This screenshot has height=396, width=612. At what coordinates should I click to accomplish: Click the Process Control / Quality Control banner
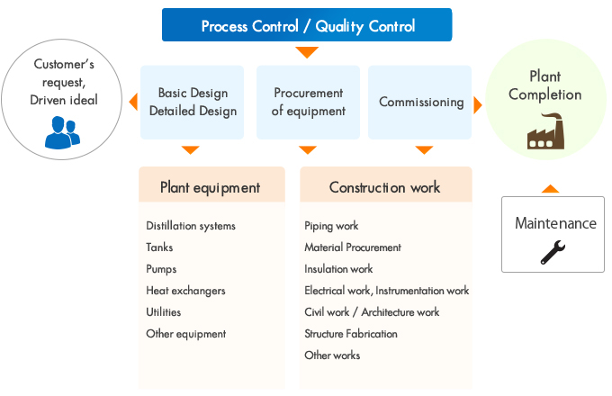[x=307, y=25]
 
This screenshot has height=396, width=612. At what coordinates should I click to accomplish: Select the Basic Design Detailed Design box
[x=192, y=102]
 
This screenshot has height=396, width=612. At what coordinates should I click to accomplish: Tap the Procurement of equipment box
[x=308, y=102]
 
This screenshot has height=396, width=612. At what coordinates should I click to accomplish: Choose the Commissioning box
[x=421, y=102]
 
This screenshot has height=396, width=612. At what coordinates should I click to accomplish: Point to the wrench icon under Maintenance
[x=553, y=251]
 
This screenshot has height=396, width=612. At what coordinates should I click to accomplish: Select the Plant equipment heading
[x=210, y=187]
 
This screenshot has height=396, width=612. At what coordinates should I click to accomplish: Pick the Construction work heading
[x=384, y=187]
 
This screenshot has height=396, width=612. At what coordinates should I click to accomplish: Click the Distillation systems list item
[x=191, y=226]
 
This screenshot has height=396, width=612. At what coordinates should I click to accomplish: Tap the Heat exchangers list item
[x=185, y=291]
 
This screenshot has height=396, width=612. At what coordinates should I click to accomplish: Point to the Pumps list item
[x=161, y=269]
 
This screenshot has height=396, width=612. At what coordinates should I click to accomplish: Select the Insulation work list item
[x=338, y=269]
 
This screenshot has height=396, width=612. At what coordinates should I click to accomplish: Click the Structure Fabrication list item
[x=351, y=334]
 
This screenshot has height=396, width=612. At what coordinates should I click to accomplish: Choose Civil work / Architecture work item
[x=372, y=312]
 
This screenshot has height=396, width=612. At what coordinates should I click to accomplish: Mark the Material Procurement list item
[x=353, y=247]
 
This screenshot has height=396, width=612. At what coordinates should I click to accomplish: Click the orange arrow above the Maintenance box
[x=551, y=189]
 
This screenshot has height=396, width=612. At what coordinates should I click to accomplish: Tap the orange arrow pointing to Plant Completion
[x=478, y=104]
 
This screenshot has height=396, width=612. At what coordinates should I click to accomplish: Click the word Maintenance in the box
[x=555, y=223]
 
